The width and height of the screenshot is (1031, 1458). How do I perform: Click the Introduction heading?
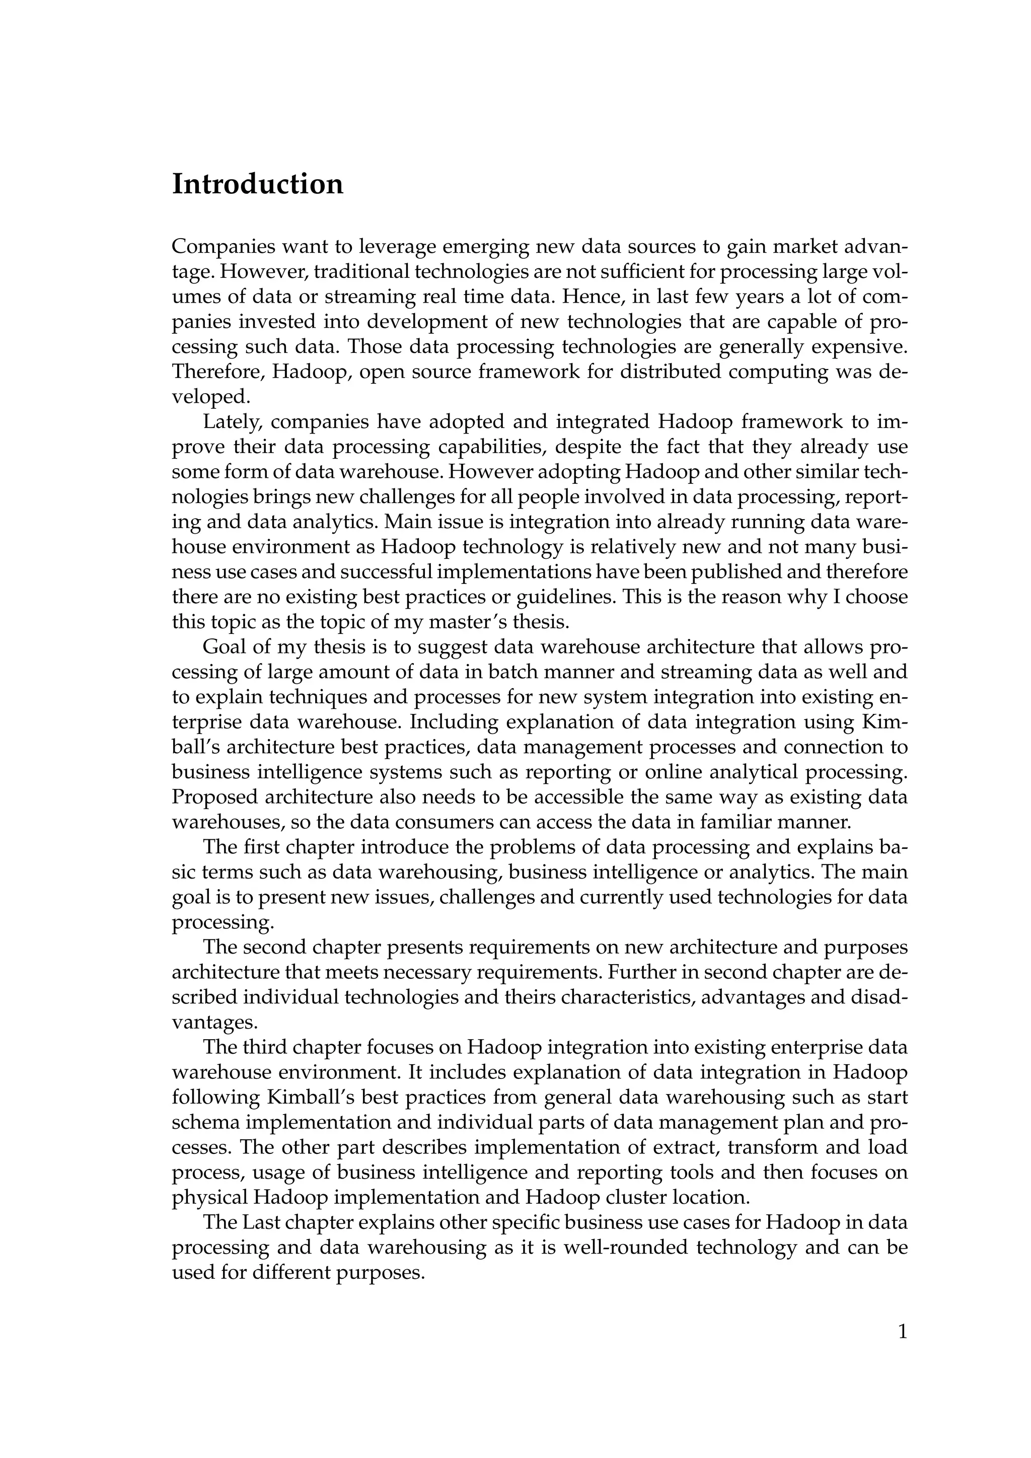click(258, 185)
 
